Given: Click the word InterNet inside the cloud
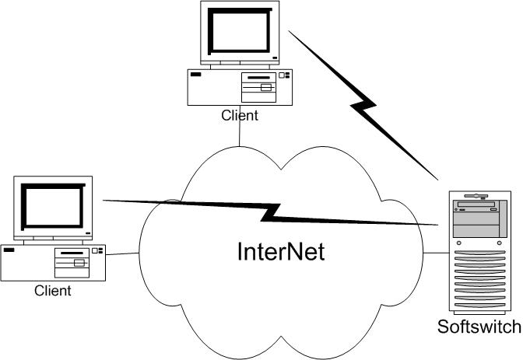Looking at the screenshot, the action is [x=281, y=252].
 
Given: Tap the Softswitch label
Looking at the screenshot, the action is [x=479, y=327].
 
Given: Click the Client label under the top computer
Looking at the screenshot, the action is [x=240, y=115].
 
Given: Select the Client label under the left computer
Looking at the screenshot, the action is [x=53, y=291].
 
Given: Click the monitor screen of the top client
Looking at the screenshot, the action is [x=240, y=31].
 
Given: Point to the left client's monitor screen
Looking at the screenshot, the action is [x=53, y=207].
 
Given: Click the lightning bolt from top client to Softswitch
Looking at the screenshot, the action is [x=363, y=104].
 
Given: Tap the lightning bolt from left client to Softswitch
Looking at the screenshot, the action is [x=271, y=212].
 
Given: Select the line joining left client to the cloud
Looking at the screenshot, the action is [x=122, y=254].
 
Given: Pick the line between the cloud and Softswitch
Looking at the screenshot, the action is [x=436, y=253].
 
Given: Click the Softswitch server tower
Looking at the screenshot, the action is [x=480, y=253].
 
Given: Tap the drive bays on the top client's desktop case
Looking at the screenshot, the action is [x=259, y=87].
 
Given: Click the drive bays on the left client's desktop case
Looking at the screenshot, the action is [x=72, y=263].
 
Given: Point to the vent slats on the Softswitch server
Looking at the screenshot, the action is [x=480, y=278].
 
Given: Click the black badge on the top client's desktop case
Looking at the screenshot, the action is [x=196, y=75].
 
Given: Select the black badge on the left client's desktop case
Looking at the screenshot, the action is [x=9, y=250].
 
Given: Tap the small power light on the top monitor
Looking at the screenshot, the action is [x=275, y=58].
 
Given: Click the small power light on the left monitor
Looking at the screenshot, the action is [x=88, y=233].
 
